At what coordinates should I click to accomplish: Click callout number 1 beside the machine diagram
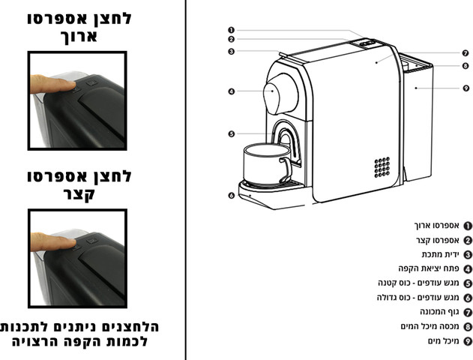coord(231,30)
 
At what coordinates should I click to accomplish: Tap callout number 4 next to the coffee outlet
coord(231,91)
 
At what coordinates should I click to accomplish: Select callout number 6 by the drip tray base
coord(231,196)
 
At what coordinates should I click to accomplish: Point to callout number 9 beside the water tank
coord(466,88)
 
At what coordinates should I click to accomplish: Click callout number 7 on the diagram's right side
coord(466,53)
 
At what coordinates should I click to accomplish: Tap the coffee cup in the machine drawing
coord(268,164)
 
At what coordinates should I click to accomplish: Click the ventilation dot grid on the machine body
coord(382,166)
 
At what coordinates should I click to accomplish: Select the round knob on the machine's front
coord(280,94)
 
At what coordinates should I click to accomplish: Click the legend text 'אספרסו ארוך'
coord(436,226)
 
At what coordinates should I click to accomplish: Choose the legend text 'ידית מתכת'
coord(440,254)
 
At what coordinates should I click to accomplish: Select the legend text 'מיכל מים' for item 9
coord(443,341)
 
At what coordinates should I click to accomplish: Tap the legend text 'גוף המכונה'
coord(439,312)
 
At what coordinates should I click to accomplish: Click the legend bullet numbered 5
coord(468,283)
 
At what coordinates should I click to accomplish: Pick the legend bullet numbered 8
coord(468,327)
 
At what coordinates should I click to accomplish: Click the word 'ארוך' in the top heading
coord(79,37)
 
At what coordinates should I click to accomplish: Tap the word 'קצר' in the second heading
coord(79,193)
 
